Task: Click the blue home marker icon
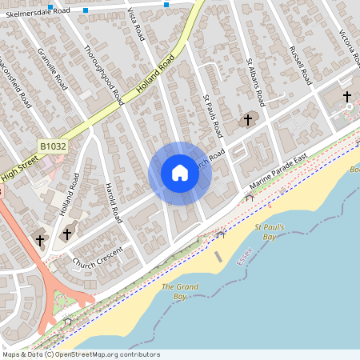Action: pos(179,173)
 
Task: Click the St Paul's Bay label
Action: pos(270,232)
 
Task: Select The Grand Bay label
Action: pos(179,290)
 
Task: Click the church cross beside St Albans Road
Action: pos(248,120)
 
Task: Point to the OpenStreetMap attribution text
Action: pos(80,354)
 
